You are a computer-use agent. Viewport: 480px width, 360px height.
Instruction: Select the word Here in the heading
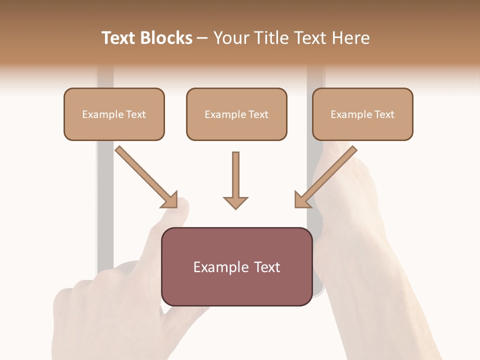point(351,38)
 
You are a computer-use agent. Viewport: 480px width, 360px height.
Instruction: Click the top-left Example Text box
point(114,114)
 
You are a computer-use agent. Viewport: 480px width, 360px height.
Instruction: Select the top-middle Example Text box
point(236,114)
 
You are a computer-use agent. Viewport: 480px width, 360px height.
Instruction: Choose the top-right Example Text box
point(362,114)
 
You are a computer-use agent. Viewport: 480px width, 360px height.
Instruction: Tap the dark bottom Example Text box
point(236,266)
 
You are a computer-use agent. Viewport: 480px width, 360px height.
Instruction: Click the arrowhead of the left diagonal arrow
point(170,200)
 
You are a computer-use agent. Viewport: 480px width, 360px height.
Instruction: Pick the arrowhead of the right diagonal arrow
point(302,200)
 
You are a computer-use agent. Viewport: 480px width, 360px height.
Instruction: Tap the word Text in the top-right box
point(384,114)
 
